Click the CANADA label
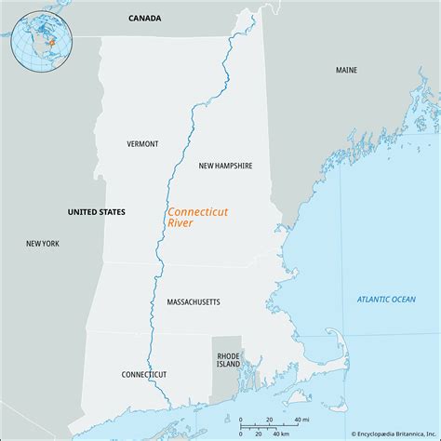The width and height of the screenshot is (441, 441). (x=144, y=18)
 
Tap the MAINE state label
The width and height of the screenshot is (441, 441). (x=347, y=70)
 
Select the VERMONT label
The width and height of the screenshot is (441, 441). (x=143, y=143)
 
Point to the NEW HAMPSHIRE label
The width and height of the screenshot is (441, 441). (x=226, y=165)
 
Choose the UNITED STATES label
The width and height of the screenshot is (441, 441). (x=97, y=212)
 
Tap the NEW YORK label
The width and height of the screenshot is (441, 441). (x=43, y=243)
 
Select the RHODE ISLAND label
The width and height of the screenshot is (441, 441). (x=229, y=361)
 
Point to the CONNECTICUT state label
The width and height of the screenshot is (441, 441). (x=144, y=374)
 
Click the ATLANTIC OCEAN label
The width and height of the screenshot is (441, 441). (x=386, y=299)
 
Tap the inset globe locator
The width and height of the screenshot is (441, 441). (x=40, y=40)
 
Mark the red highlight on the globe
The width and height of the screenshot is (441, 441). (x=52, y=43)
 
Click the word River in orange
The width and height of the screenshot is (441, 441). (x=180, y=224)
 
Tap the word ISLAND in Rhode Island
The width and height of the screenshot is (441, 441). (x=229, y=366)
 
